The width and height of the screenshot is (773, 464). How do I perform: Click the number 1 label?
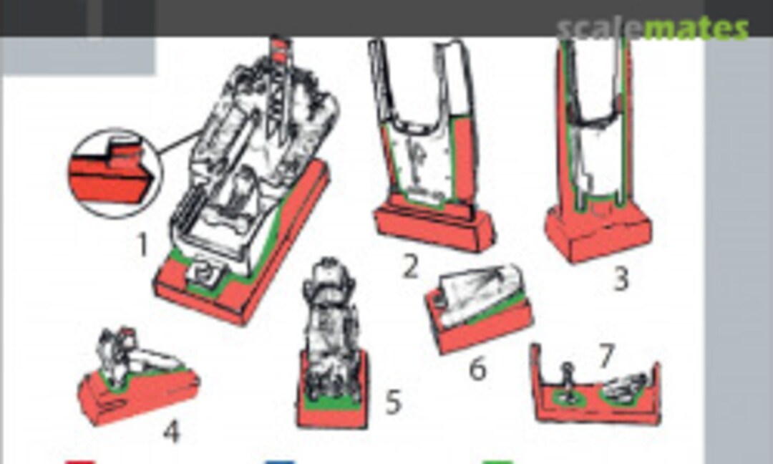(143, 245)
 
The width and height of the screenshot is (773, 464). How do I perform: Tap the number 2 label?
(410, 267)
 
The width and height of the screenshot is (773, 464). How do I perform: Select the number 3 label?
(621, 279)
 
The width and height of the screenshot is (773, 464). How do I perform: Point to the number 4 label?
(172, 432)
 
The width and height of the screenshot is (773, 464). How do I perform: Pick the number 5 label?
(393, 402)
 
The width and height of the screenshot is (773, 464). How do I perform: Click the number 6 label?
(477, 368)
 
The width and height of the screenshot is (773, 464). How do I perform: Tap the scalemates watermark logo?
(653, 28)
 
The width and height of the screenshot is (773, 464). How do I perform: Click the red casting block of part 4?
(138, 395)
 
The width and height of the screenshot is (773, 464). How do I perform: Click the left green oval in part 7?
(568, 397)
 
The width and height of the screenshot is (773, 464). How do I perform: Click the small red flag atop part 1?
(280, 50)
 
